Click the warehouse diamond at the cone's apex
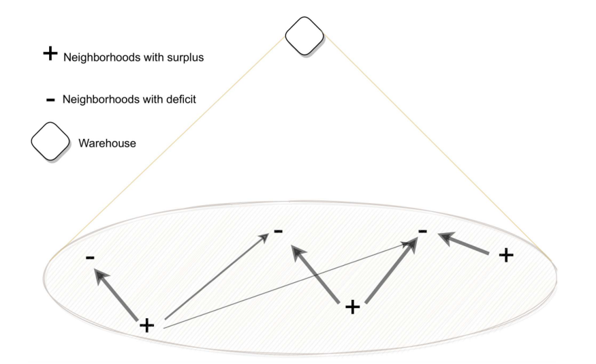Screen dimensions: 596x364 pyautogui.click(x=304, y=36)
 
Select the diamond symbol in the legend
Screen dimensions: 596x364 pyautogui.click(x=50, y=141)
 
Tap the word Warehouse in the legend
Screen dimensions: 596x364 pyautogui.click(x=107, y=143)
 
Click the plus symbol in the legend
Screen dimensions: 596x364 pyautogui.click(x=50, y=54)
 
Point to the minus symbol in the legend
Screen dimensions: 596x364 pyautogui.click(x=50, y=100)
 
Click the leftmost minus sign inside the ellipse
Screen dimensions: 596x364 pyautogui.click(x=90, y=258)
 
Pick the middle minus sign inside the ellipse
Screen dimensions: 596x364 pyautogui.click(x=278, y=231)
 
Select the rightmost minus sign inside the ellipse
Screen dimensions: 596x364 pyautogui.click(x=423, y=231)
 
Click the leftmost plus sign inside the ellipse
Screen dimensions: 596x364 pyautogui.click(x=146, y=326)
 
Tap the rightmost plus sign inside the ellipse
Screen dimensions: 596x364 pyautogui.click(x=506, y=255)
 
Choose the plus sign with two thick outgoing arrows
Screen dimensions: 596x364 pyautogui.click(x=352, y=307)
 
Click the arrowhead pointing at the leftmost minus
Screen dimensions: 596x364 pyautogui.click(x=100, y=275)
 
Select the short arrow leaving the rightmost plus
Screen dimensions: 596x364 pyautogui.click(x=463, y=243)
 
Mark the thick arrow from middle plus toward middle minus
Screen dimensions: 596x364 pyautogui.click(x=315, y=274)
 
